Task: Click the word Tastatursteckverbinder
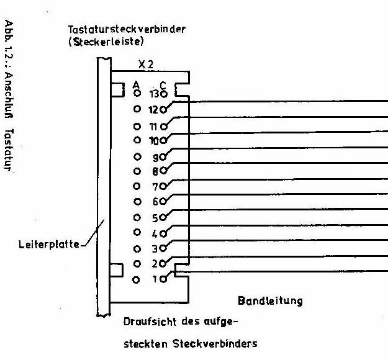[x=127, y=29]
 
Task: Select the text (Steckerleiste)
[x=106, y=42]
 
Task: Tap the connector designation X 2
[x=146, y=65]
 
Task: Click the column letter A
[x=136, y=85]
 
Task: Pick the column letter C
[x=163, y=86]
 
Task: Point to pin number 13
[x=155, y=94]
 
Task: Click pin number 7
[x=155, y=187]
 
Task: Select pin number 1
[x=155, y=279]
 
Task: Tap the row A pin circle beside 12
[x=137, y=109]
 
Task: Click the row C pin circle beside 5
[x=163, y=217]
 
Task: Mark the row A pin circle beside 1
[x=136, y=280]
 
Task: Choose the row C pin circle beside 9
[x=163, y=157]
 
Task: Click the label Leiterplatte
[x=49, y=245]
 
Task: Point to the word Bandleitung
[x=270, y=301]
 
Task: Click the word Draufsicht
[x=150, y=322]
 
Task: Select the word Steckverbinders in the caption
[x=215, y=343]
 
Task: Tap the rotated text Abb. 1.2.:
[x=9, y=43]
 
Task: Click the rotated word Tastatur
[x=9, y=150]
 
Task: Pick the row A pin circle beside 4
[x=137, y=232]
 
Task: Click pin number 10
[x=154, y=141]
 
